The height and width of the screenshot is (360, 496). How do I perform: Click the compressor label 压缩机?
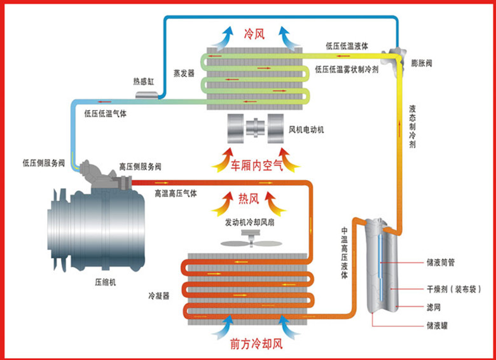tap(106, 282)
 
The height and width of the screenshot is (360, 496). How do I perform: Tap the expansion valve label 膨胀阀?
tap(422, 63)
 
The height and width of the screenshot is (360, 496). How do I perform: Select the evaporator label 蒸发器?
tap(184, 73)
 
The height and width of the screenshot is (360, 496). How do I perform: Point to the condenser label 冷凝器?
tap(159, 296)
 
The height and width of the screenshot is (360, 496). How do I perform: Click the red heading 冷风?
tap(254, 34)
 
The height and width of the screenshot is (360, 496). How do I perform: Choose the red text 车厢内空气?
tap(256, 165)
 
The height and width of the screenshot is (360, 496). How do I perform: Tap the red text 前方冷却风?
tap(256, 344)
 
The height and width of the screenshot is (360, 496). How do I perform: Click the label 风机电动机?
tap(307, 130)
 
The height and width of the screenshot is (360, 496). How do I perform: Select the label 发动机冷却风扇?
tap(249, 223)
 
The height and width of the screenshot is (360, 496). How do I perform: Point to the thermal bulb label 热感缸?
tap(144, 81)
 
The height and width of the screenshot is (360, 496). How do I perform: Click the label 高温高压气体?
tap(176, 193)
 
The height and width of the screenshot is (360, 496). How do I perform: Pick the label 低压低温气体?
tap(106, 114)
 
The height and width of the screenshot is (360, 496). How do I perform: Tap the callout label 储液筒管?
tap(441, 263)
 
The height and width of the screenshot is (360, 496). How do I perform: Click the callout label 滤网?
tap(434, 307)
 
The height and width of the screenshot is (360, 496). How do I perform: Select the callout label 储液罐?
tap(437, 326)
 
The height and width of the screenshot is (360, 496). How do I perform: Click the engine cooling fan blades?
tap(251, 243)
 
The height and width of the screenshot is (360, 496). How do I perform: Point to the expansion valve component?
tap(394, 57)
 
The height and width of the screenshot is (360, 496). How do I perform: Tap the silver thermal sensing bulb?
tap(147, 95)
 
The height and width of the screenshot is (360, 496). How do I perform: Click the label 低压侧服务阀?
tap(44, 163)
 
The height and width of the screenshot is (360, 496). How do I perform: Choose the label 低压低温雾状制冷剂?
tap(347, 69)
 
